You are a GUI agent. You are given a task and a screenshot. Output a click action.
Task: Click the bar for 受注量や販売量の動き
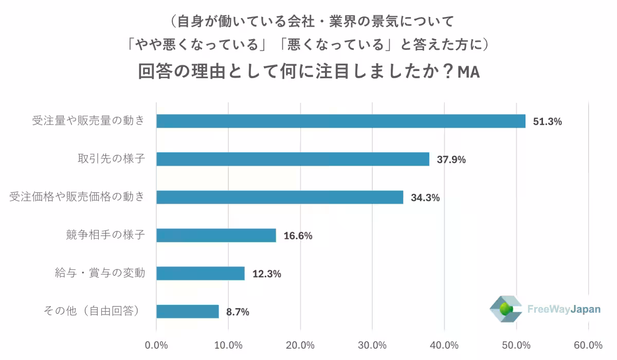(x=341, y=121)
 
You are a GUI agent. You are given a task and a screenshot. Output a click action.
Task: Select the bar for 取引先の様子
(x=293, y=159)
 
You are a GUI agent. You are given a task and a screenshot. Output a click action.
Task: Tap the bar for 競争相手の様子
(x=216, y=236)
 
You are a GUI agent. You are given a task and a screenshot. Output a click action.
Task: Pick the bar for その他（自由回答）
(x=188, y=312)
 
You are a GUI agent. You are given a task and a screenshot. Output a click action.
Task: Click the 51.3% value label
(x=548, y=122)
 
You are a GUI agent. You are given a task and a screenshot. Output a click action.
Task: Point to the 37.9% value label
(x=451, y=160)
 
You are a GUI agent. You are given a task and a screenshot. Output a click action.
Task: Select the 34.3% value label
(x=425, y=198)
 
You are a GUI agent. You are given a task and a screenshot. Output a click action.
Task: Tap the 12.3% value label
(x=266, y=274)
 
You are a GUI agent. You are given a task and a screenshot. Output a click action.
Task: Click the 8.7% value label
(x=238, y=312)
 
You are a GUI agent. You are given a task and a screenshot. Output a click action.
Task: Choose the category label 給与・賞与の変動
(x=100, y=273)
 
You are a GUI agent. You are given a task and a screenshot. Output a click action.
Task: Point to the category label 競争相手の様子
(x=105, y=235)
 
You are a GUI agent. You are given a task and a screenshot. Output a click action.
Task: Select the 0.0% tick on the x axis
(x=156, y=345)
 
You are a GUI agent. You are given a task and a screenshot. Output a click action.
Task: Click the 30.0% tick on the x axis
(x=372, y=345)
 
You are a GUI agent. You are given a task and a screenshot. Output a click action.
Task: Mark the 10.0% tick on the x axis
(x=228, y=345)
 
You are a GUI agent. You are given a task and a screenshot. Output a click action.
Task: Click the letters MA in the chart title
(x=468, y=73)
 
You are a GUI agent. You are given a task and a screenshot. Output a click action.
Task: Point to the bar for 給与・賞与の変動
(x=201, y=274)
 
